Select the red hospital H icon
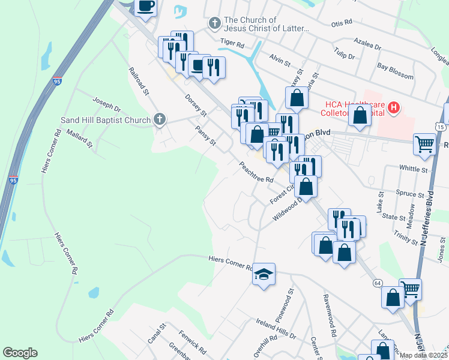[x=393, y=108]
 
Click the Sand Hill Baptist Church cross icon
[x=159, y=119]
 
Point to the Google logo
[x=20, y=353]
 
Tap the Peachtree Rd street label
[x=256, y=172]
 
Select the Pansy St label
[x=205, y=135]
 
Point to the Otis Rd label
[x=342, y=25]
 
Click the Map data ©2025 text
[x=423, y=355]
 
